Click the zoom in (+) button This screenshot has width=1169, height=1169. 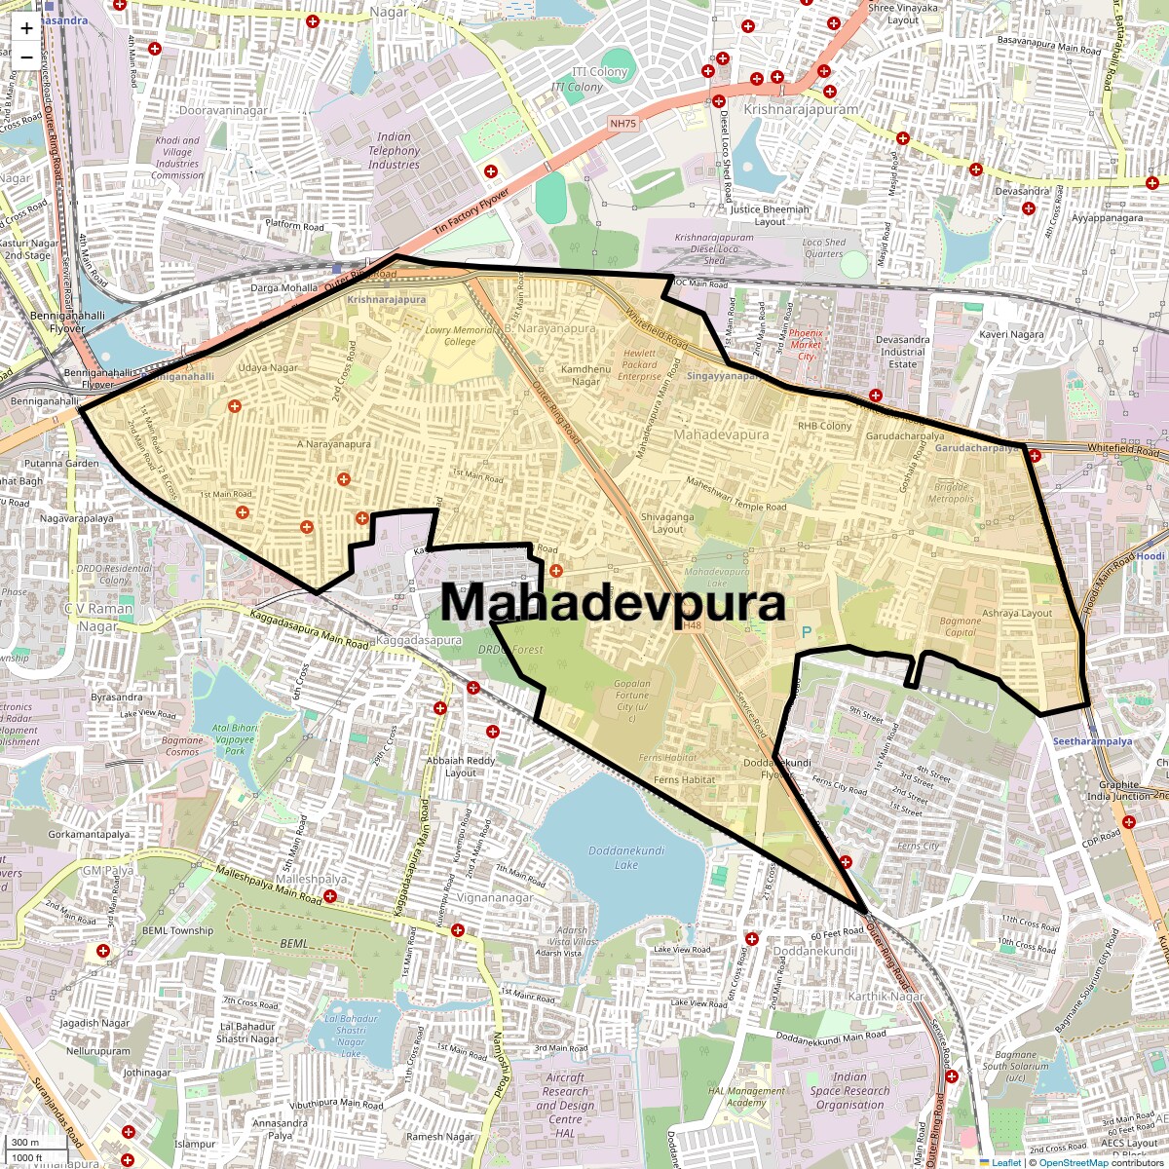pyautogui.click(x=26, y=28)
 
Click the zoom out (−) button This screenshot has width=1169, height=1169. pyautogui.click(x=26, y=57)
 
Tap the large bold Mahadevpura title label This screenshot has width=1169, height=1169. pyautogui.click(x=613, y=603)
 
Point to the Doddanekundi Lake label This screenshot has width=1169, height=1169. pyautogui.click(x=626, y=857)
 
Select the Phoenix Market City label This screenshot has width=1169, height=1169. pyautogui.click(x=806, y=345)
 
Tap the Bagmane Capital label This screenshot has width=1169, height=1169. pyautogui.click(x=960, y=626)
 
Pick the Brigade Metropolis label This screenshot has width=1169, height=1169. pyautogui.click(x=951, y=492)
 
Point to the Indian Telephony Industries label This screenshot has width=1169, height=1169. pyautogui.click(x=394, y=151)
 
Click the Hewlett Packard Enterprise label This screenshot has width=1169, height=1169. pyautogui.click(x=639, y=365)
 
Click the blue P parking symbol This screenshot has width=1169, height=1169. pyautogui.click(x=807, y=632)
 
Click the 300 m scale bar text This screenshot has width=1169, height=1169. pyautogui.click(x=26, y=1143)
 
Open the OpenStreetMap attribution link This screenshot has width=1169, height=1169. pyautogui.click(x=1073, y=1162)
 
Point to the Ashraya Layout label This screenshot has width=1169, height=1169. pyautogui.click(x=1017, y=614)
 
